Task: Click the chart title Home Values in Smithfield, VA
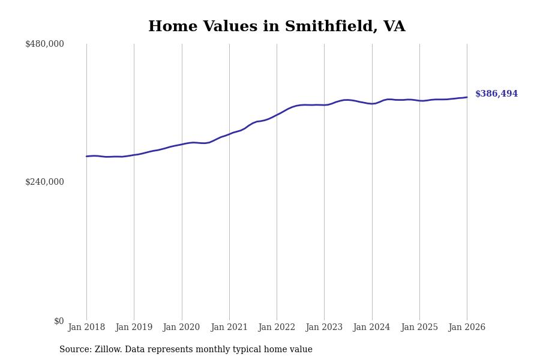[x=277, y=27]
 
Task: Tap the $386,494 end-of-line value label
[x=496, y=94]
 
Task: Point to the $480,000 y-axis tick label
[x=44, y=44]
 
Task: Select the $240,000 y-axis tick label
[x=44, y=182]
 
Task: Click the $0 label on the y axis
[x=59, y=321]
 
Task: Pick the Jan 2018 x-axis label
[x=86, y=328]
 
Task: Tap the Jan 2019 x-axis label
[x=134, y=328]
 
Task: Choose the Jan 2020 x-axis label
[x=181, y=328]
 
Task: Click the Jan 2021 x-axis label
[x=229, y=328]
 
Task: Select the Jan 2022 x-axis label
[x=277, y=328]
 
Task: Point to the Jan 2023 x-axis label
[x=324, y=328]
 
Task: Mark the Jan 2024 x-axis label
[x=371, y=328]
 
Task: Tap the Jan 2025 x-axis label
[x=419, y=328]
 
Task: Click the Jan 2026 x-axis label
[x=467, y=328]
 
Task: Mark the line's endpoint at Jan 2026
[x=467, y=97]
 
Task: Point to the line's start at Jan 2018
[x=86, y=157]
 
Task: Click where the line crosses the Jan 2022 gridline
[x=277, y=115]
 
